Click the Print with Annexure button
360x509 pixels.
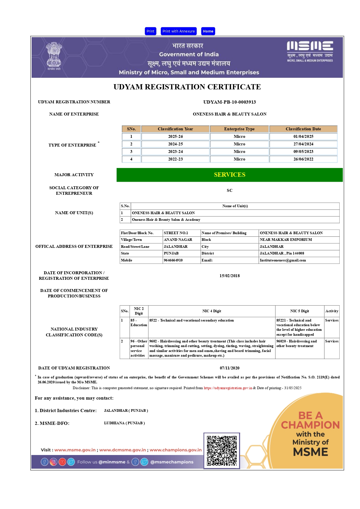178,31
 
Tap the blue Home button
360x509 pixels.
208,31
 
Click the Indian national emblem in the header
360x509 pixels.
54,56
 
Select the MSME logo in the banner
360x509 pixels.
310,51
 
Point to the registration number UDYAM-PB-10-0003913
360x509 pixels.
229,102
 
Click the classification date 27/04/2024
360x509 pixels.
303,144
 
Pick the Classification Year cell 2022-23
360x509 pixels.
176,159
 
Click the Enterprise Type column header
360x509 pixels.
239,129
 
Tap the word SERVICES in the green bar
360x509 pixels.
229,175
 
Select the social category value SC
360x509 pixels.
229,191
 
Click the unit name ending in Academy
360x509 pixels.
166,220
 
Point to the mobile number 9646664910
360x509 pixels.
173,260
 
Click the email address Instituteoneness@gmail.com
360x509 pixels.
283,260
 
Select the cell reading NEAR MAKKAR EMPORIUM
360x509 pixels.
286,240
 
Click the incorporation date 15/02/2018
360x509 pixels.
229,276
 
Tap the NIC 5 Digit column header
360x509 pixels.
299,311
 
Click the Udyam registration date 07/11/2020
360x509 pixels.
229,368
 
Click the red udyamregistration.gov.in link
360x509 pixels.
228,388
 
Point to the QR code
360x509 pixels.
222,451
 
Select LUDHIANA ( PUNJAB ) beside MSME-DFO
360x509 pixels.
124,423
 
